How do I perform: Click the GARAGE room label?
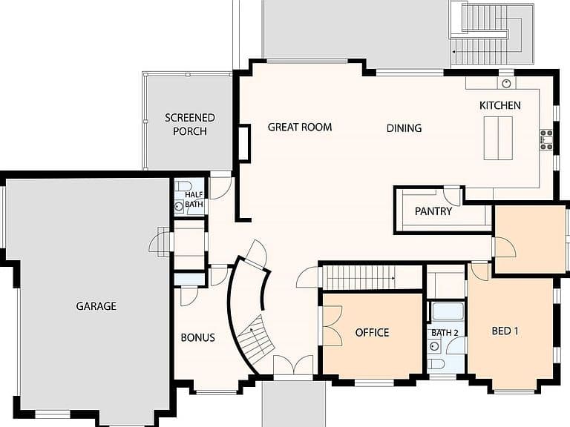[x=96, y=306]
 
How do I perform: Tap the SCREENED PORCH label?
[x=190, y=125]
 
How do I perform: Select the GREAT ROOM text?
[x=300, y=127]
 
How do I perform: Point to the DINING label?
[x=404, y=128]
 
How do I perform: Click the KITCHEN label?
[x=499, y=105]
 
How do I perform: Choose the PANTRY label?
[x=433, y=211]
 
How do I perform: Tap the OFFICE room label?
[x=372, y=332]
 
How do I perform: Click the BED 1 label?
[x=505, y=331]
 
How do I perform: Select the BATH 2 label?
[x=445, y=333]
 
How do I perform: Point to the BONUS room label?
[x=197, y=338]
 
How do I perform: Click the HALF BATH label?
[x=194, y=199]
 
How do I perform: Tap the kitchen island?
[x=498, y=139]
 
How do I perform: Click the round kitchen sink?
[x=506, y=84]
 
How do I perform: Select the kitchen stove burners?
[x=546, y=140]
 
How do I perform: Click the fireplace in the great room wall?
[x=244, y=142]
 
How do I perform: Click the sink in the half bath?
[x=179, y=207]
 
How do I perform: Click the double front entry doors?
[x=293, y=365]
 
